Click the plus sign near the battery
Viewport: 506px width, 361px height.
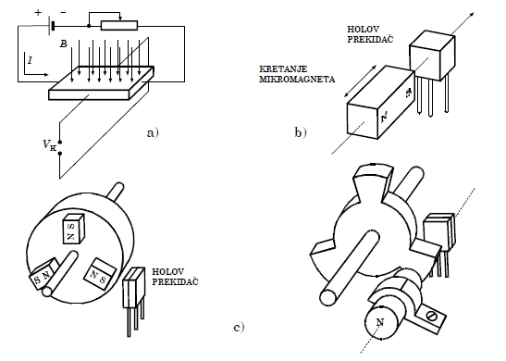(39, 13)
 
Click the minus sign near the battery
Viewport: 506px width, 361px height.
(63, 13)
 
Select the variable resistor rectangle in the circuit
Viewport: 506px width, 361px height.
(119, 26)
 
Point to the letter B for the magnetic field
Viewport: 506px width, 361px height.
(64, 44)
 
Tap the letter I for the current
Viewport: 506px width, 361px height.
(30, 60)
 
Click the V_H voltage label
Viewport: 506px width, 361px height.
(50, 145)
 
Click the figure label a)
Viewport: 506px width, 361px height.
(153, 132)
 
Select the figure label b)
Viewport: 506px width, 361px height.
(300, 132)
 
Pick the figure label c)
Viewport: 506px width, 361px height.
(239, 328)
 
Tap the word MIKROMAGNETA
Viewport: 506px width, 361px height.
(297, 79)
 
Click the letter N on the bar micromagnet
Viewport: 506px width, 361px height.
(385, 117)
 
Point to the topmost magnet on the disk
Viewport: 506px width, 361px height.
(73, 229)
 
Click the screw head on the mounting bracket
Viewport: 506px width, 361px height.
(432, 317)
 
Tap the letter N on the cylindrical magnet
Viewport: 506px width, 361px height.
(380, 322)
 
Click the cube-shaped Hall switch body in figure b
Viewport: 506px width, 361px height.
(432, 56)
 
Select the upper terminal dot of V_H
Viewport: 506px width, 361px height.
(60, 142)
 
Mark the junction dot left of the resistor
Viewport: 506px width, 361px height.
(89, 26)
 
